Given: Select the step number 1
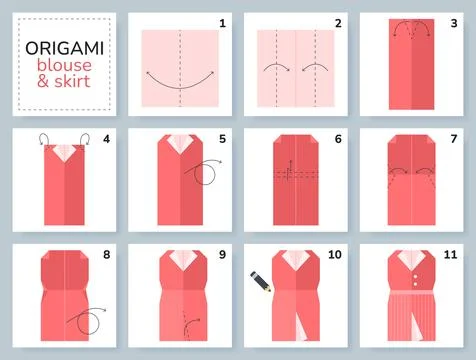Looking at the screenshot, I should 222,22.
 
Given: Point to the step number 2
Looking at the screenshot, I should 338,22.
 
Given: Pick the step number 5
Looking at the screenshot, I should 222,137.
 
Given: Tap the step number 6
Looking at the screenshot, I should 338,137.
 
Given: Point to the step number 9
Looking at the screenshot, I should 222,254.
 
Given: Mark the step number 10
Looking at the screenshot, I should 335,254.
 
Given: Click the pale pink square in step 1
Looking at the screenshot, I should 181,69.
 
